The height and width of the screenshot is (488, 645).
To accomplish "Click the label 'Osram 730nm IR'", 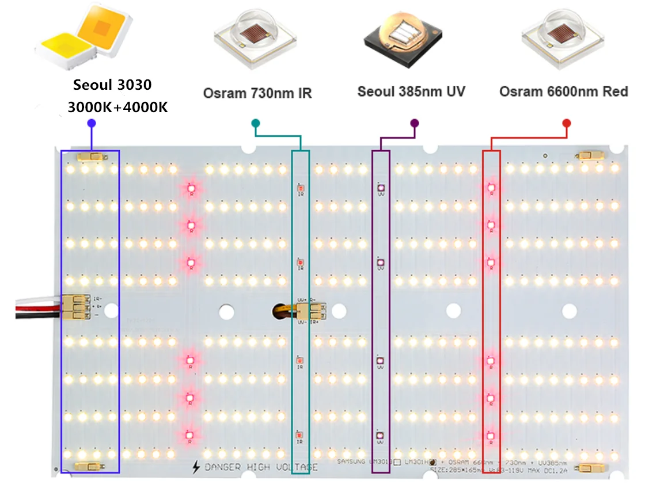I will [x=257, y=93].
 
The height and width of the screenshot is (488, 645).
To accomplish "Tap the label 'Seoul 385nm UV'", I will [x=411, y=91].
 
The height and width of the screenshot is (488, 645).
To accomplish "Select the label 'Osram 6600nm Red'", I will [x=563, y=91].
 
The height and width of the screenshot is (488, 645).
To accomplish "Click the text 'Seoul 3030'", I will [x=112, y=85].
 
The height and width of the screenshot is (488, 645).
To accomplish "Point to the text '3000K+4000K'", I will [x=117, y=106].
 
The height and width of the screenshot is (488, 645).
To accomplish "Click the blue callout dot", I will [x=91, y=123].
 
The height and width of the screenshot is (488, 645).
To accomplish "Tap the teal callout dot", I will [x=256, y=123].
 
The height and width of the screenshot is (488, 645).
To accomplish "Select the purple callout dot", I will [x=414, y=123].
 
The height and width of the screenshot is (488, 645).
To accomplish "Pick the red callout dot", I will [x=567, y=123].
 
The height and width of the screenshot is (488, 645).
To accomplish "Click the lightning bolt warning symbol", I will [x=197, y=467].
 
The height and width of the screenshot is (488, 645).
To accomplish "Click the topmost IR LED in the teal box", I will [x=300, y=188].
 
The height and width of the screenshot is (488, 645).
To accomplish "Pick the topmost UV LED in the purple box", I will [x=380, y=188].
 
